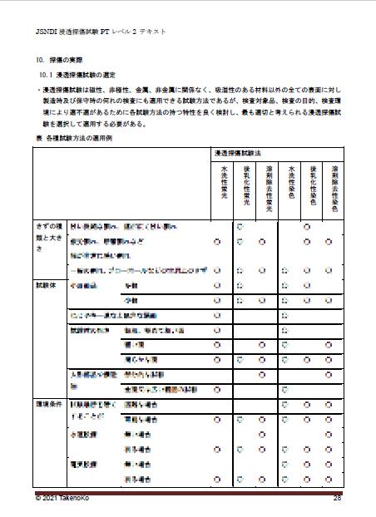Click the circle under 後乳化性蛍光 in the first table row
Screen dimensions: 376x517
click(239, 225)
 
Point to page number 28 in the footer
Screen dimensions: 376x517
click(338, 498)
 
